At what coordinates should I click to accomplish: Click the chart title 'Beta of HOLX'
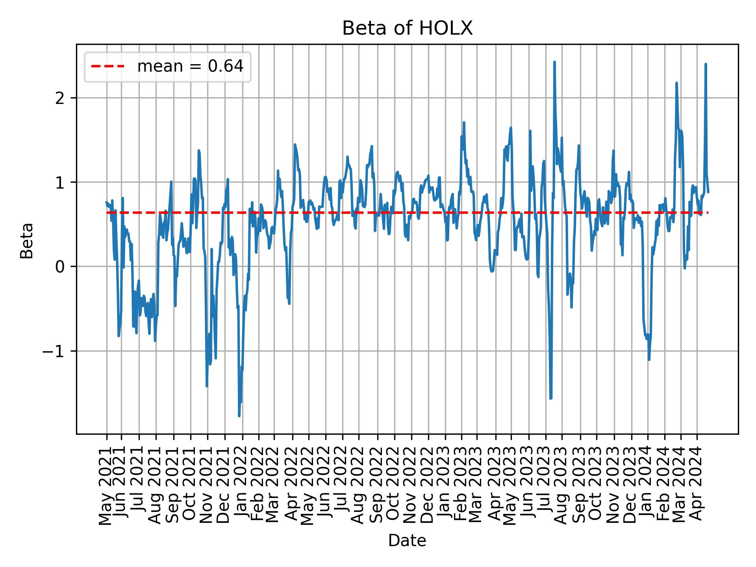407,28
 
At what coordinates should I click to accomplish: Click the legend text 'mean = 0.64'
190,67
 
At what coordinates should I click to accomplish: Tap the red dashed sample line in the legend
108,67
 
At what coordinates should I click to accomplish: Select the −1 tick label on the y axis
53,351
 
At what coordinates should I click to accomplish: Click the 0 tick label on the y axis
60,267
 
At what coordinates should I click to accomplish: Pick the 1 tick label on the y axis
60,182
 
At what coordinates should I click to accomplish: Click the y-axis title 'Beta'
27,241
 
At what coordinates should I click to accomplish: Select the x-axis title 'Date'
407,541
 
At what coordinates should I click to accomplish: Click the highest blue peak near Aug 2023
554,62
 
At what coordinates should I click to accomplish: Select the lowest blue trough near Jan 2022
239,416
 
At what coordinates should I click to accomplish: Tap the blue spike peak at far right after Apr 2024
706,64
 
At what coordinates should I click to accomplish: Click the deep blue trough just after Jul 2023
550,398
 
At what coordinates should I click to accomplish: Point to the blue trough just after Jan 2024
649,359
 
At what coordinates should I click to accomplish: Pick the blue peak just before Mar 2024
676,83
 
